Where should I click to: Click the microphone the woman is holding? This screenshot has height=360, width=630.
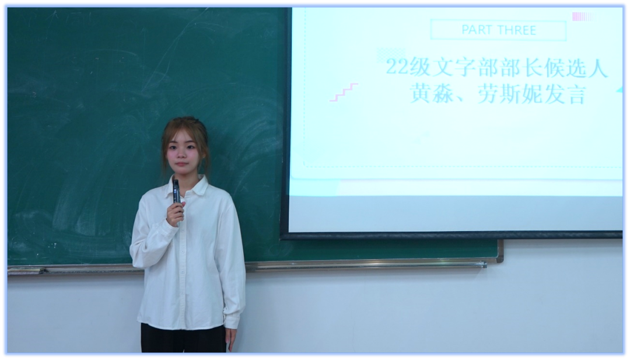[x=176, y=190]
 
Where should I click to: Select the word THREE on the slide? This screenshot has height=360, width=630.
[x=516, y=30]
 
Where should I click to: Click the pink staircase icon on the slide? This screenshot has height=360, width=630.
[x=344, y=92]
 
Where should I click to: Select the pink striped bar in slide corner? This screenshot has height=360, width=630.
[x=582, y=16]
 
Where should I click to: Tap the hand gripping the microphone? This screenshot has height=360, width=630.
[x=175, y=213]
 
